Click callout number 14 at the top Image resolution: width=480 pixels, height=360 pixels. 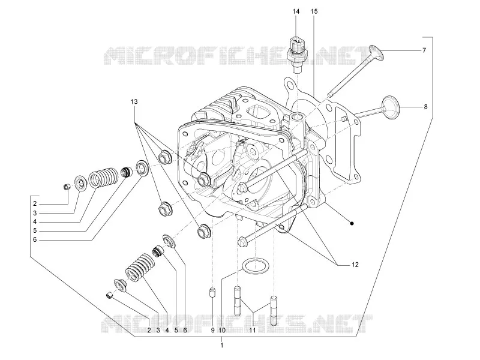tap(296, 11)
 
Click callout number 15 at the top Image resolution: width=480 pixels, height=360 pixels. tap(314, 11)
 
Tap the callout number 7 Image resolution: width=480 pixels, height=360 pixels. tap(424, 50)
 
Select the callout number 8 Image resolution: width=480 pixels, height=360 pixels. tap(425, 107)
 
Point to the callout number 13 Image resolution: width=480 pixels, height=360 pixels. tap(134, 101)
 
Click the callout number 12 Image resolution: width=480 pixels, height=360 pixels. tap(355, 265)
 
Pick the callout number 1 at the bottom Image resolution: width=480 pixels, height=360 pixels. tap(222, 346)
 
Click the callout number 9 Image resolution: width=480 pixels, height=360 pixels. tap(212, 331)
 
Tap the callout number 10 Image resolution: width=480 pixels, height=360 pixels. tap(222, 331)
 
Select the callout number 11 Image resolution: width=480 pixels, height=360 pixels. tap(252, 331)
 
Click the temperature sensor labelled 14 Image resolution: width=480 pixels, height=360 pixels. tap(296, 54)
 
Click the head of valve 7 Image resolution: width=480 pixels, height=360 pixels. tap(376, 53)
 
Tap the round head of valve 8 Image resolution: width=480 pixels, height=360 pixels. tap(391, 107)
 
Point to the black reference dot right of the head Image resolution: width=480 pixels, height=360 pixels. tap(352, 223)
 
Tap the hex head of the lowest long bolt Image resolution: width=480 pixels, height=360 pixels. tap(242, 241)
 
